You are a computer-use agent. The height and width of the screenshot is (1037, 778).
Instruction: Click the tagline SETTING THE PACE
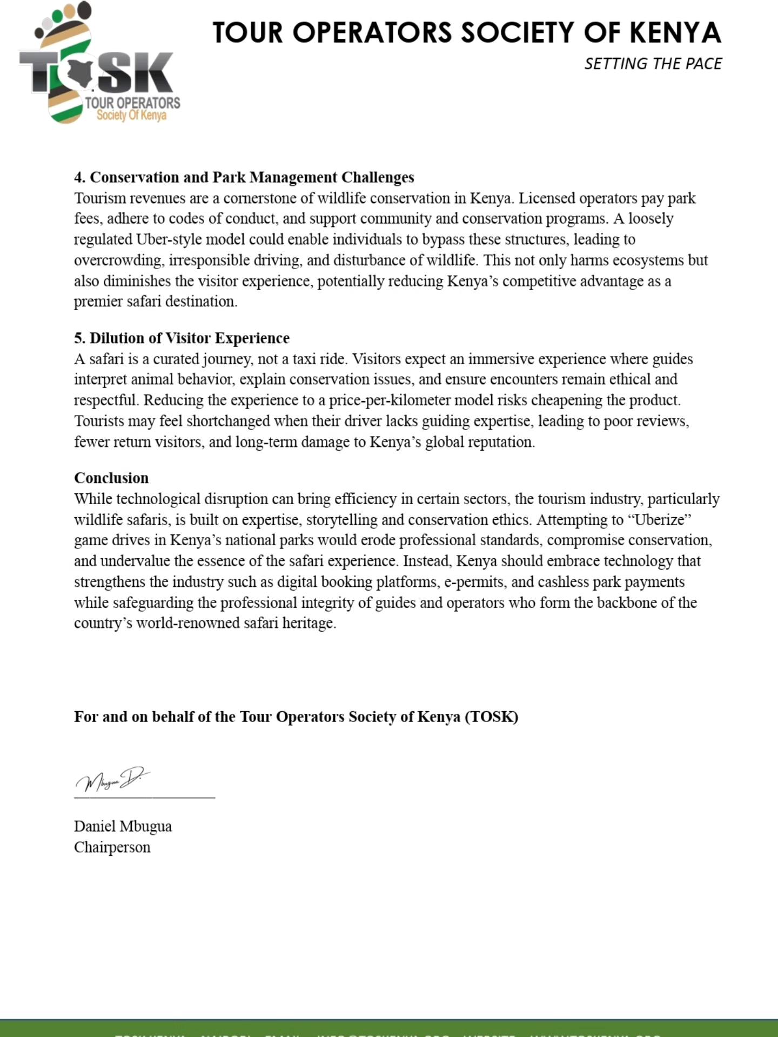pyautogui.click(x=653, y=64)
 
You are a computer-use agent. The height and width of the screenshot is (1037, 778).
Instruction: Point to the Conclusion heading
pyautogui.click(x=111, y=478)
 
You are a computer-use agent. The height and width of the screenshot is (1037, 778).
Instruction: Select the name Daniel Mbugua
pyautogui.click(x=123, y=826)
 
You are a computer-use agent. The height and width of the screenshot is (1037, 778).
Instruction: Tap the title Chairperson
pyautogui.click(x=112, y=847)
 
